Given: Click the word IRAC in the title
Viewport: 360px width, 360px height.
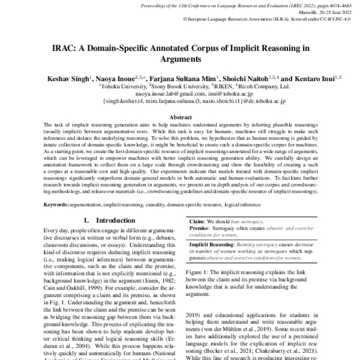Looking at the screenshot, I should point(64,48).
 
